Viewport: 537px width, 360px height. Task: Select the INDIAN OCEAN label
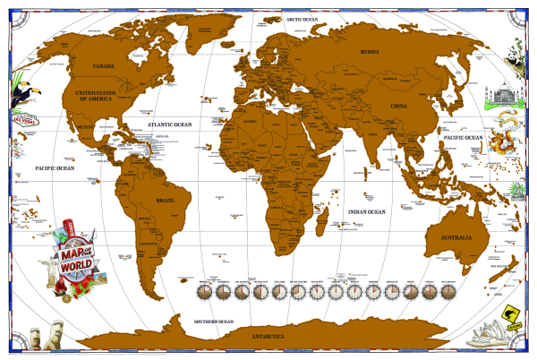368,212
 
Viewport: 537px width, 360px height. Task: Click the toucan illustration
20,91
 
